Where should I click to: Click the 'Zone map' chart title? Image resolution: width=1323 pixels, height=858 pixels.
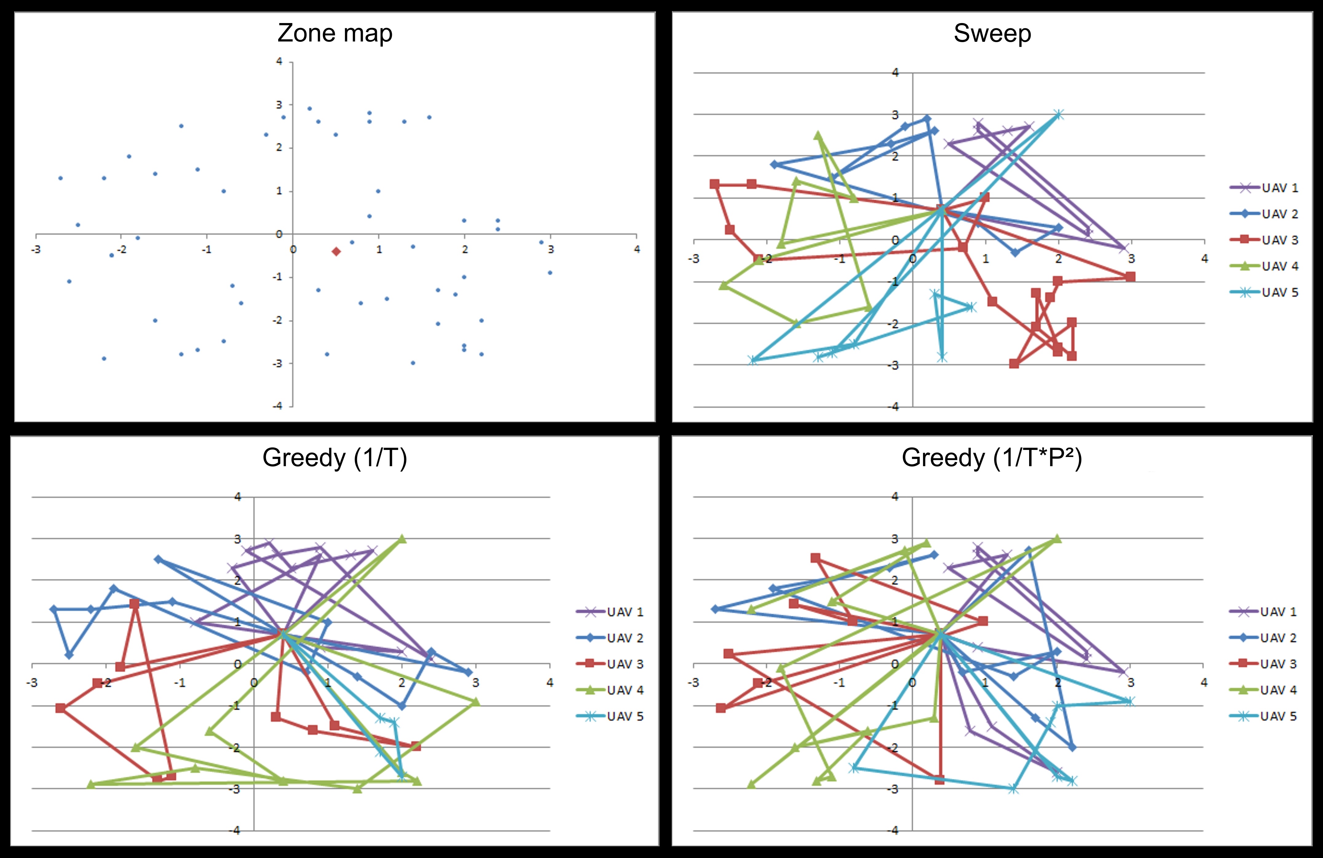(335, 33)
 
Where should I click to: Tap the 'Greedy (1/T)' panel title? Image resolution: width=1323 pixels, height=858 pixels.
(335, 458)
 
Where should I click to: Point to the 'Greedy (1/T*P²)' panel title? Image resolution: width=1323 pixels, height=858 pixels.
(992, 458)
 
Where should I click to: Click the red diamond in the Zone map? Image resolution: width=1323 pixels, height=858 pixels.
(336, 252)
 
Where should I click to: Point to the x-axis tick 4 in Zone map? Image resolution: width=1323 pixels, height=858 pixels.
(637, 250)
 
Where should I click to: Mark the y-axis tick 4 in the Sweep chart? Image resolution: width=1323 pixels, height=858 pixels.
(895, 72)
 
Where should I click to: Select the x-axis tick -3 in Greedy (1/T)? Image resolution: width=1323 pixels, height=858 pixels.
(32, 683)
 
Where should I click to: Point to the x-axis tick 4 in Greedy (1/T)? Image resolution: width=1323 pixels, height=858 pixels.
(550, 683)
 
